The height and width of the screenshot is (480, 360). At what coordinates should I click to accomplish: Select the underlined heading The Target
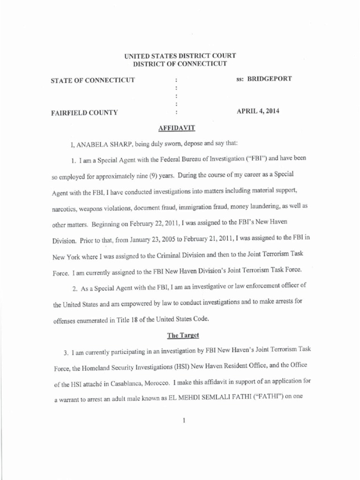point(180,336)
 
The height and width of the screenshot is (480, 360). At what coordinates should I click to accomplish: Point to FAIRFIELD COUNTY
point(84,112)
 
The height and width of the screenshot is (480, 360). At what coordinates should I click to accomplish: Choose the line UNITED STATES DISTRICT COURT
point(180,55)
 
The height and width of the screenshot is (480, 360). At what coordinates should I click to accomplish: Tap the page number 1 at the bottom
point(185,420)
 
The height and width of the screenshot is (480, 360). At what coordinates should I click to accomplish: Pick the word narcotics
point(64,207)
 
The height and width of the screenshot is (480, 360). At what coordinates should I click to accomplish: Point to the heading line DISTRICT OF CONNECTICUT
point(180,63)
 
